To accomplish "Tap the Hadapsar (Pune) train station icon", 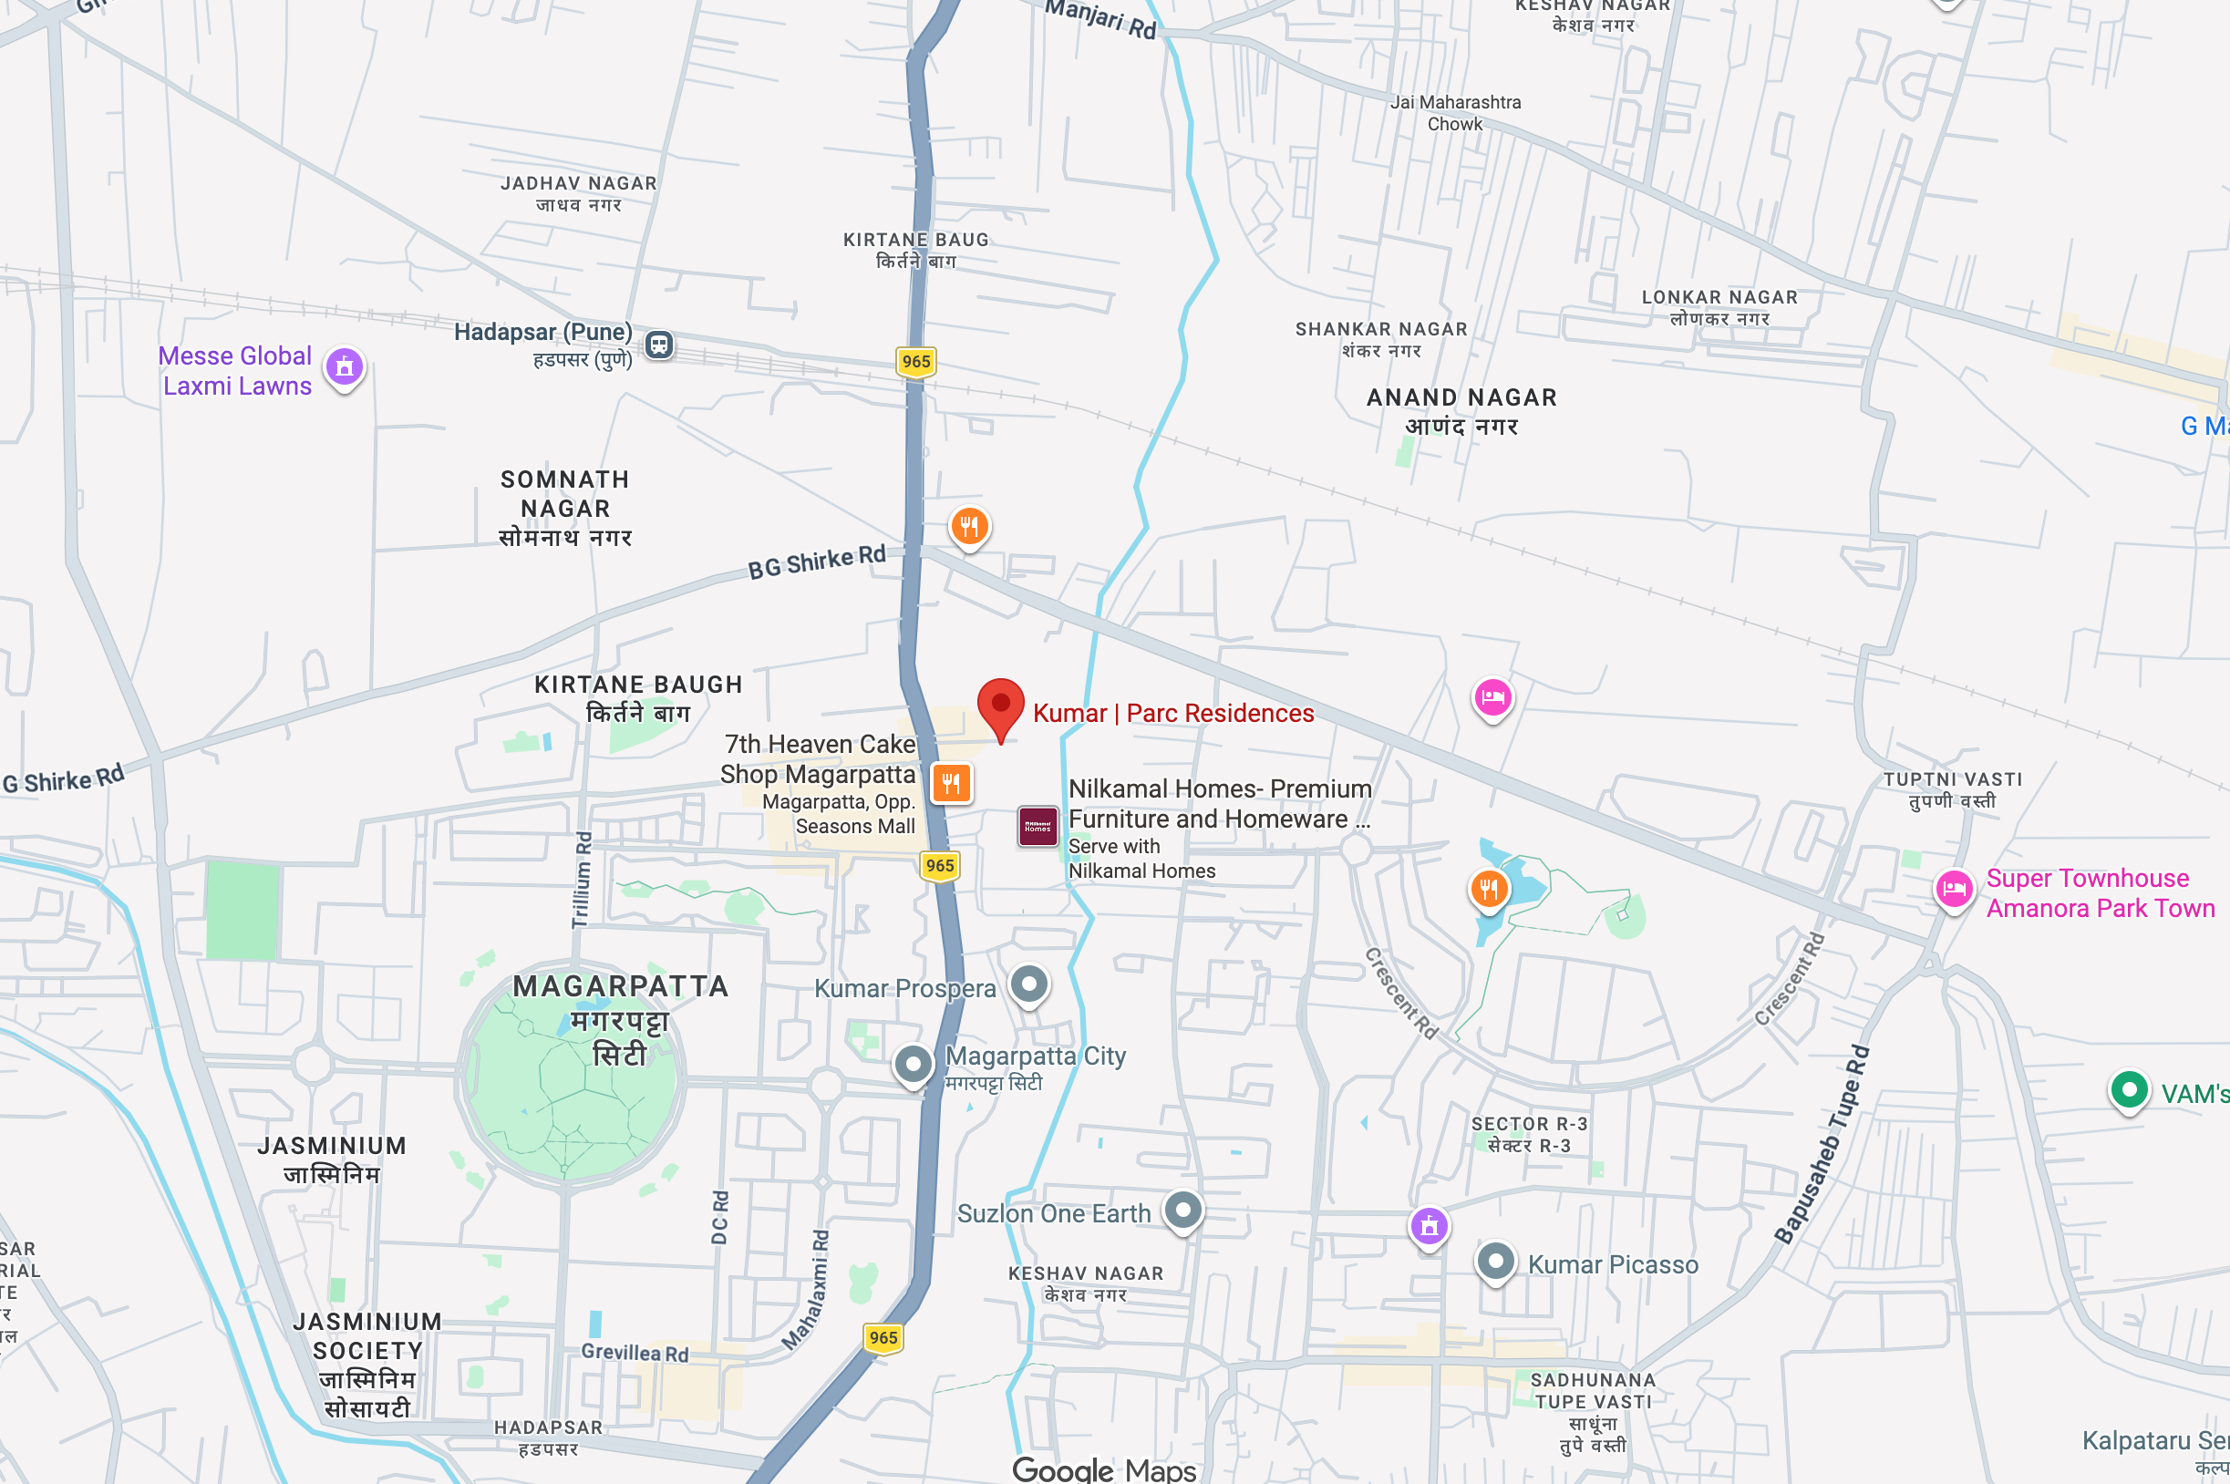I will tap(660, 345).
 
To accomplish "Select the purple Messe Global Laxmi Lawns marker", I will tap(345, 366).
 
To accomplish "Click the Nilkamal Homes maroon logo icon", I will tap(1038, 826).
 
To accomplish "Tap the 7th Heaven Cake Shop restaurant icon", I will tap(951, 783).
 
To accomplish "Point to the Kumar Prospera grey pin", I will tap(1029, 984).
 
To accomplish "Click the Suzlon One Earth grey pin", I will tap(1183, 1210).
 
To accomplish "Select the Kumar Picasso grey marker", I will tap(1495, 1262).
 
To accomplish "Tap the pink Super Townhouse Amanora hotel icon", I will tap(1954, 889).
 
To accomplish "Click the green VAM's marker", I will tap(2129, 1090).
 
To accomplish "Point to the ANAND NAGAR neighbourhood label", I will tap(1461, 411).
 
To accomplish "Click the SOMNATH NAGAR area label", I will tap(565, 509).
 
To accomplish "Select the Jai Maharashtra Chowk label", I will tap(1455, 113).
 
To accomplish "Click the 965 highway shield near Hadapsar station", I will tap(915, 362).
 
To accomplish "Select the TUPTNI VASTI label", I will tap(1952, 789).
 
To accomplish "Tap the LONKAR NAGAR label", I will tap(1719, 307).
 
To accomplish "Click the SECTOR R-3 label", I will tap(1529, 1134).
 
